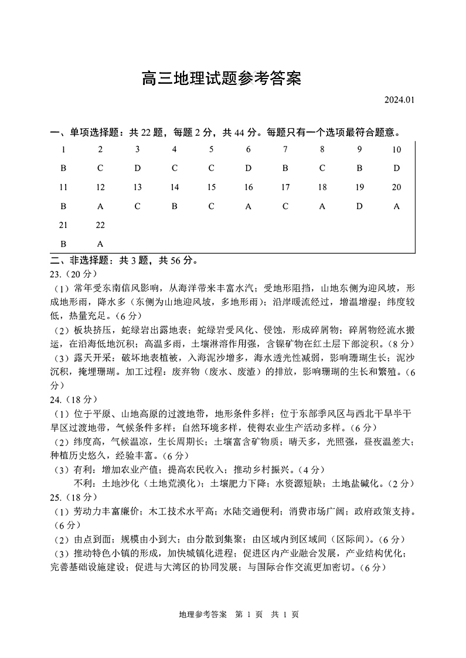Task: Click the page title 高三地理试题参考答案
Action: tap(221, 78)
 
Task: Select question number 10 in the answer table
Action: tap(396, 149)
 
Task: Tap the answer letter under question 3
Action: tap(137, 168)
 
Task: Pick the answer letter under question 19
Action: tap(359, 206)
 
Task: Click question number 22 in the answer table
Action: tap(100, 225)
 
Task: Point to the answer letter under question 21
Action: tap(63, 244)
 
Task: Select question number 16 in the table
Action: tap(249, 187)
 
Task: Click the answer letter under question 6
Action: tap(249, 168)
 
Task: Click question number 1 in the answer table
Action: tap(63, 149)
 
